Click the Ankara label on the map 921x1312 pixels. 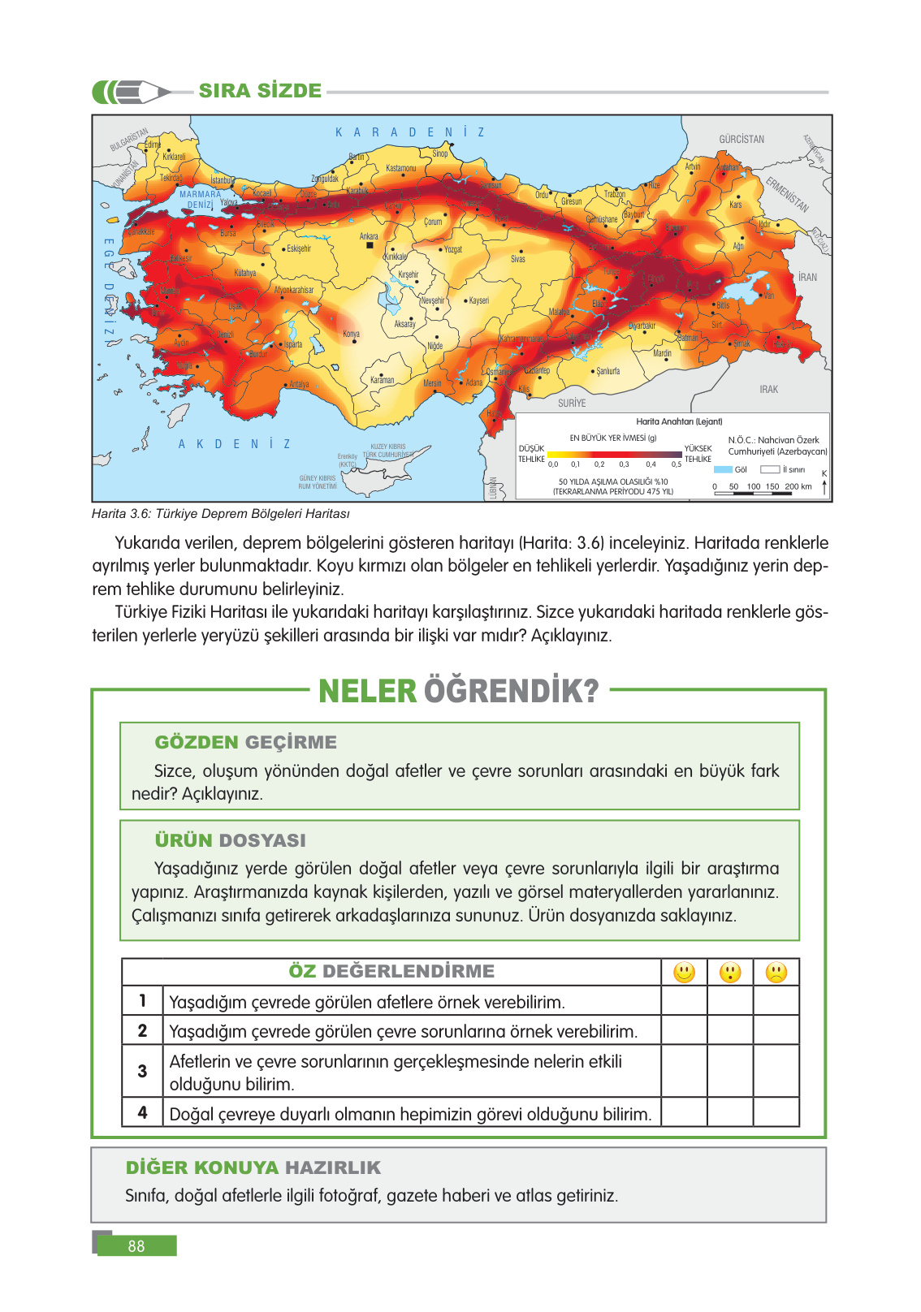(369, 236)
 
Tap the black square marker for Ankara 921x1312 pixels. (370, 244)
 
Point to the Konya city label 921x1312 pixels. (351, 334)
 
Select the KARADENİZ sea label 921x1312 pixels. (409, 132)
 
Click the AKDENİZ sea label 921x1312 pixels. (234, 444)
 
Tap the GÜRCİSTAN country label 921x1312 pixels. (741, 139)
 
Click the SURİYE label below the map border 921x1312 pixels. (572, 403)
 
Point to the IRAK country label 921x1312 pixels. (768, 390)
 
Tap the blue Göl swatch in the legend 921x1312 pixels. (723, 469)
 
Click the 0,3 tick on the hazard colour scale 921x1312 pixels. (624, 464)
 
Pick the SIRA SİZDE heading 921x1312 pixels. (260, 91)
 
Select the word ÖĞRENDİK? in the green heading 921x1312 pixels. (512, 692)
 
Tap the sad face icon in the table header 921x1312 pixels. (776, 972)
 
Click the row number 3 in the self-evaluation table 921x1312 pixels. (142, 1071)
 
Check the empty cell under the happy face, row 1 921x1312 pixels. (684, 1001)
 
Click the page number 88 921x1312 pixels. (136, 1245)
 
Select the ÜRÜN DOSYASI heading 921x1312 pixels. (230, 840)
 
